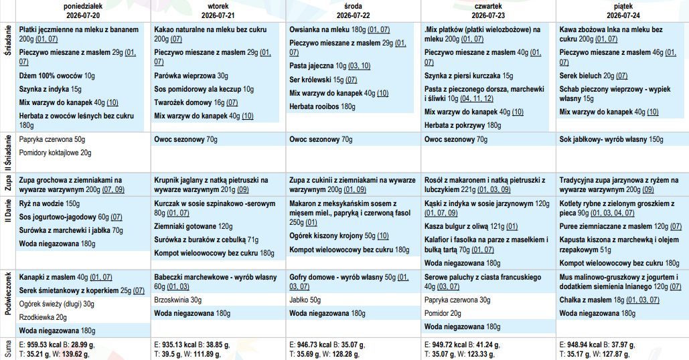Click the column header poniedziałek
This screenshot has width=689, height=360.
tap(83, 6)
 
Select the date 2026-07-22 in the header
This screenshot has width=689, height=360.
tap(354, 15)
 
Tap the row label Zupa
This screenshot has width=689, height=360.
tap(7, 183)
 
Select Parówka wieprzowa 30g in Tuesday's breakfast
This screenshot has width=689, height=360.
tap(191, 76)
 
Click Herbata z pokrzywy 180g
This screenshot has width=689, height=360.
tap(463, 125)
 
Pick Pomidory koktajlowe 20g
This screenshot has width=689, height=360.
tap(56, 153)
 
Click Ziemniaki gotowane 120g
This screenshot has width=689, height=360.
tap(194, 227)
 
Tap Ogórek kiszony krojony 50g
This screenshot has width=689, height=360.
tap(339, 236)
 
